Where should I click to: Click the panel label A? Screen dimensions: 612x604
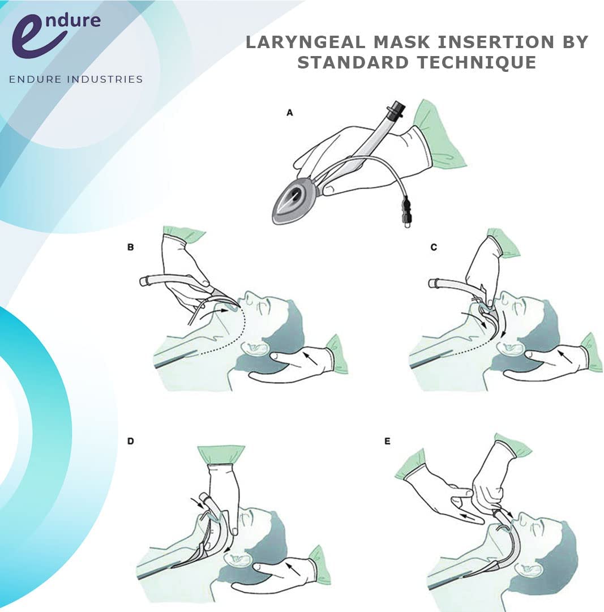tap(290, 113)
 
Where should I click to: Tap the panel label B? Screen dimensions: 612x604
tap(131, 247)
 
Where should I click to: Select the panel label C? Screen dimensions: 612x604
tap(434, 247)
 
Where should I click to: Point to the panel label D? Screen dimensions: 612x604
tap(131, 441)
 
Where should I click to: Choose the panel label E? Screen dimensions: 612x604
tap(387, 441)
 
